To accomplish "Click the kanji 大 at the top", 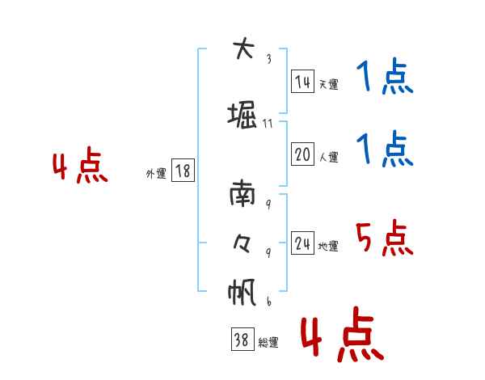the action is pos(242,49).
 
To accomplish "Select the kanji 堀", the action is pos(242,116).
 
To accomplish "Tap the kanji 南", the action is pos(242,195).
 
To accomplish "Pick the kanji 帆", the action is pos(242,291).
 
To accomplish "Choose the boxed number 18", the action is pos(183,171).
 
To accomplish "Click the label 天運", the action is pos(328,84).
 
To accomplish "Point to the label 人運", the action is pos(328,157).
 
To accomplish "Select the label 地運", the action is pos(328,247).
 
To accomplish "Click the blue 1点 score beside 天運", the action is pos(384,78).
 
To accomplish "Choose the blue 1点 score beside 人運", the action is pos(384,150).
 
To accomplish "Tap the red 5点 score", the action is pos(384,239).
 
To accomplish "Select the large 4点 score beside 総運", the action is pos(341,336).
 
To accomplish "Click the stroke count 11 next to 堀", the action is pos(268,124).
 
